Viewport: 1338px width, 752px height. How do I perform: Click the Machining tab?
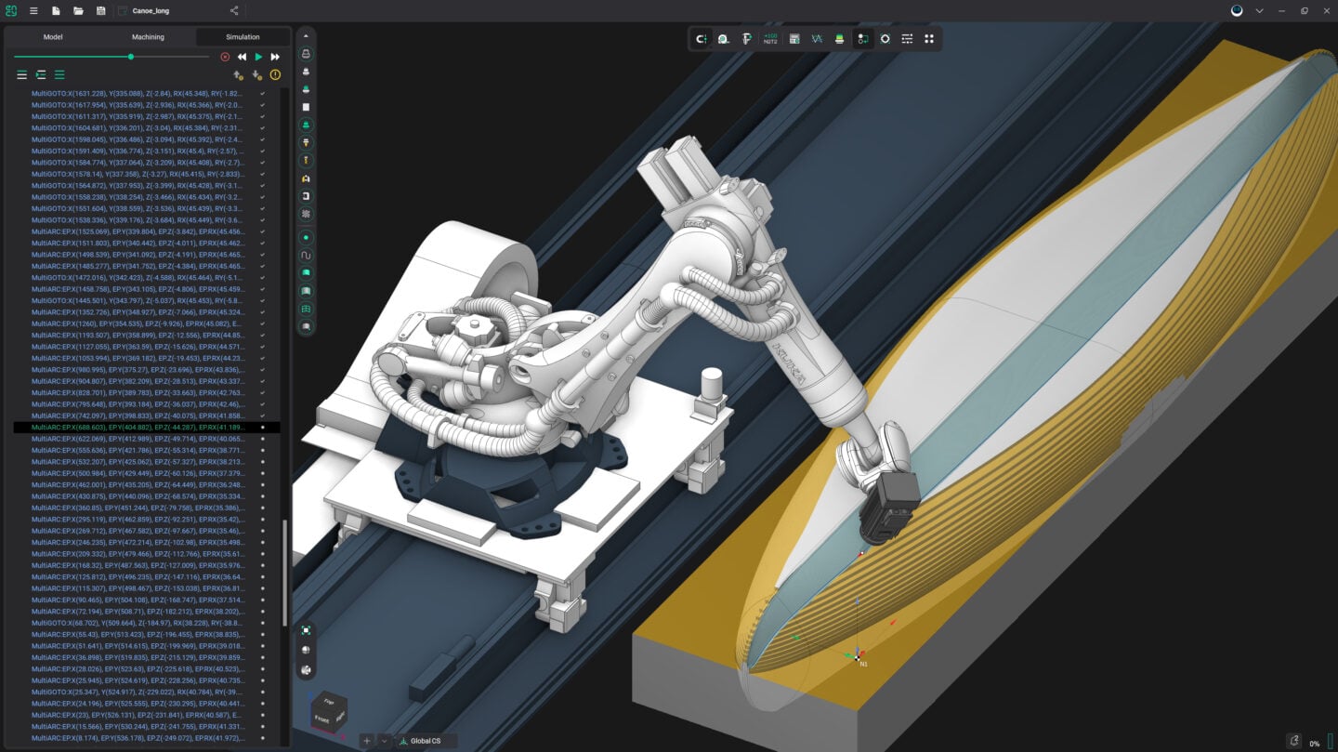148,37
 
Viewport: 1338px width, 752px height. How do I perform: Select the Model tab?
53,37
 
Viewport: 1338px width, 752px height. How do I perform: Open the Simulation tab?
243,37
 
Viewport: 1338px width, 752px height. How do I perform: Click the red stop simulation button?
225,57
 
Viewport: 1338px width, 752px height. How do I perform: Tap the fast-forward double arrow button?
275,57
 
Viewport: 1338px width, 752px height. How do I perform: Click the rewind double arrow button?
242,57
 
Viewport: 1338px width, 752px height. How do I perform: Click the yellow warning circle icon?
275,74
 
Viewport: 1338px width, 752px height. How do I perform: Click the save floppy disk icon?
100,11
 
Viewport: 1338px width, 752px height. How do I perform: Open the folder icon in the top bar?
78,11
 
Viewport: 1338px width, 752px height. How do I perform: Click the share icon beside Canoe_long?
234,11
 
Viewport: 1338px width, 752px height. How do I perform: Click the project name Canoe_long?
151,11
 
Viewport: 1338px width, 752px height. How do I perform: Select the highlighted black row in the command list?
139,428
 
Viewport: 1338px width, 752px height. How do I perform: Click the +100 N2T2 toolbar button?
770,39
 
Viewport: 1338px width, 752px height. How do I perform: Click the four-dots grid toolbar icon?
929,39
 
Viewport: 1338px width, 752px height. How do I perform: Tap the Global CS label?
426,741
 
